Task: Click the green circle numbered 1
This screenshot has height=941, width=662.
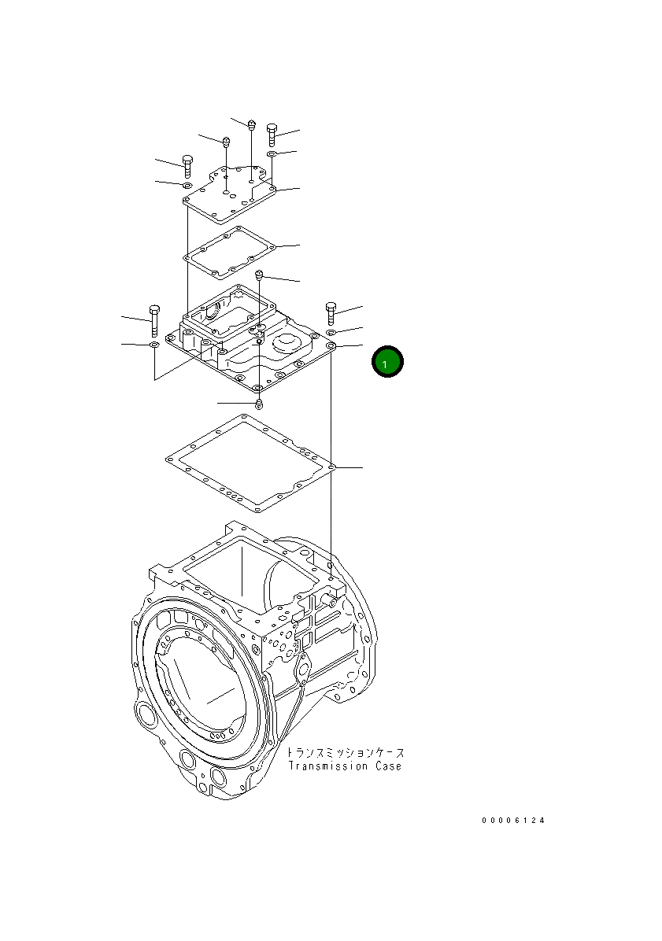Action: (x=387, y=362)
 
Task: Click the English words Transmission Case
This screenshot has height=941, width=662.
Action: (x=344, y=766)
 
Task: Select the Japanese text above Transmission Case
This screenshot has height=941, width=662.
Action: (x=344, y=752)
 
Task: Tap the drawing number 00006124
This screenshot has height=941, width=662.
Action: (x=513, y=821)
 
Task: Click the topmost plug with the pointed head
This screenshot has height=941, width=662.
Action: (x=251, y=124)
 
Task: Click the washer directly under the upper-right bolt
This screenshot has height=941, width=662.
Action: (x=272, y=155)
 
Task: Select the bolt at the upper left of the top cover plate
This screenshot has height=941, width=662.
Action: (x=187, y=165)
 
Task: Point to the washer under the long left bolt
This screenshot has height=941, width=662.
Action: (x=154, y=345)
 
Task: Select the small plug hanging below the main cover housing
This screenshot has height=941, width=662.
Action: (x=258, y=404)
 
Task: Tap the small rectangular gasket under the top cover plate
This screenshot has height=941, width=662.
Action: (x=229, y=252)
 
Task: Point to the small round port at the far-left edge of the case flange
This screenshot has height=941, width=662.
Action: (x=146, y=716)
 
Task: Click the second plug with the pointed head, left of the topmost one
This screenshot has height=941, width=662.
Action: (x=226, y=143)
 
